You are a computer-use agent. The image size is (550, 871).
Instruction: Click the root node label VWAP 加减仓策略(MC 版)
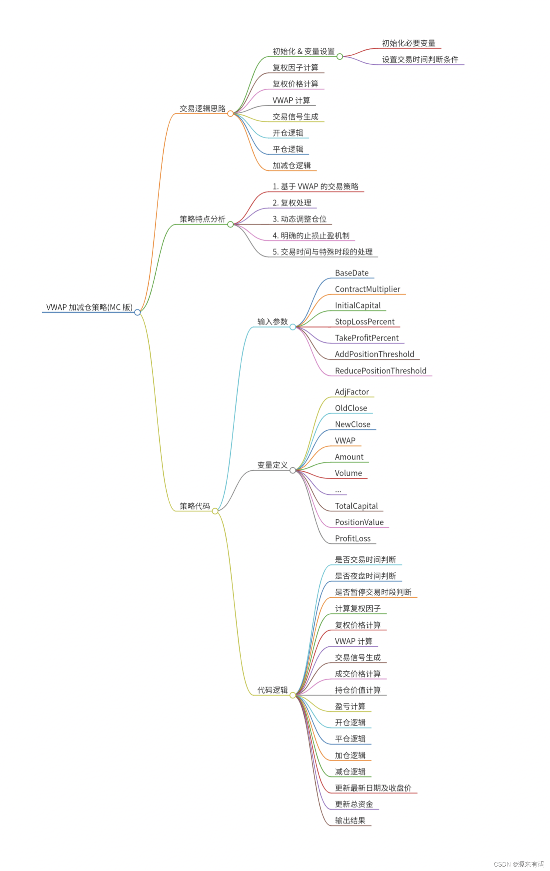click(x=89, y=307)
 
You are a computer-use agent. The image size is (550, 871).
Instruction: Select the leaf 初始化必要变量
click(x=408, y=43)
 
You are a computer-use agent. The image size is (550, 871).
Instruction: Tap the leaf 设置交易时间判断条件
click(x=420, y=60)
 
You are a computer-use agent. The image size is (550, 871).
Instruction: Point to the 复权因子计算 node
click(x=295, y=68)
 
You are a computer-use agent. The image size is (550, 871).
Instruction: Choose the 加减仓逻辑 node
click(x=292, y=166)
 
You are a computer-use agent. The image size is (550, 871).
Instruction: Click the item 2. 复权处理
click(x=292, y=203)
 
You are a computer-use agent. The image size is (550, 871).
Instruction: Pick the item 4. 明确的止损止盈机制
click(x=311, y=235)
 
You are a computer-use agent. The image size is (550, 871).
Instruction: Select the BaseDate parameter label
click(x=352, y=273)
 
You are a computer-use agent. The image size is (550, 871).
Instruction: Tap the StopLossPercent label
click(x=364, y=322)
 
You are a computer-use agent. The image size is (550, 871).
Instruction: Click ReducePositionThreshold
click(x=380, y=371)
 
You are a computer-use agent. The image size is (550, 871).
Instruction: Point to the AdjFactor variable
click(x=352, y=392)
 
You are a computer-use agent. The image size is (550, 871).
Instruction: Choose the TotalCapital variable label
click(x=356, y=506)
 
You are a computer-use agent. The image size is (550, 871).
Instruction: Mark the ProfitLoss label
click(x=353, y=539)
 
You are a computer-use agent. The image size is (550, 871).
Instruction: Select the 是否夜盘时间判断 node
click(x=365, y=576)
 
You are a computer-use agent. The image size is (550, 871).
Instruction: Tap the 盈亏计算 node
click(x=350, y=706)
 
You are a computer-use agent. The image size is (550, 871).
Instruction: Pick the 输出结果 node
click(x=350, y=821)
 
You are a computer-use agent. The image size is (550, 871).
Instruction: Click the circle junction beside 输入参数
click(x=293, y=327)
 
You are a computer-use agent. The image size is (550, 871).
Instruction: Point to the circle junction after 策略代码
click(x=215, y=511)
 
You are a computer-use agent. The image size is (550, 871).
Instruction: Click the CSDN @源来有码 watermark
click(x=519, y=864)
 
